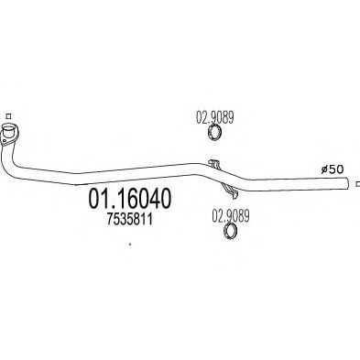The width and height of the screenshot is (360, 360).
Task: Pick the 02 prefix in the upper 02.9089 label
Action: pos(202,116)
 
